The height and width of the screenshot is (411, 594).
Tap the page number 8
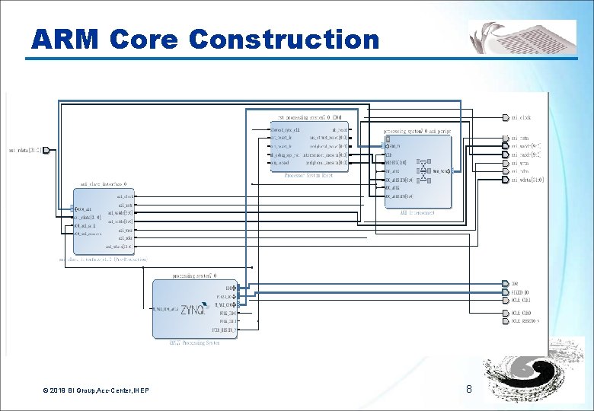[x=469, y=390]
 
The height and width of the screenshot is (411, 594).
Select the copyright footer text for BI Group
[x=96, y=390]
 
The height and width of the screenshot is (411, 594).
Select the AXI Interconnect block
[x=417, y=171]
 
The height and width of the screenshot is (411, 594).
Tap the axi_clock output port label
[x=521, y=118]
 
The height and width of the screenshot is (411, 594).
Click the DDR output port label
[x=515, y=284]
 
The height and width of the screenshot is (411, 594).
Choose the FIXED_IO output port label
[x=520, y=292]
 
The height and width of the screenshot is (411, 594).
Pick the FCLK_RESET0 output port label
[x=525, y=320]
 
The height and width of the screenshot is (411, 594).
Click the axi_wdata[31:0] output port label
[x=527, y=180]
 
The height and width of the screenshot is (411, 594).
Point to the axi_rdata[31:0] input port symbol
[x=46, y=150]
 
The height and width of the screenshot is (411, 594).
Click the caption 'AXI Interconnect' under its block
[x=417, y=213]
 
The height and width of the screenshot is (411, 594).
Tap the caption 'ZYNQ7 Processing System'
[x=194, y=342]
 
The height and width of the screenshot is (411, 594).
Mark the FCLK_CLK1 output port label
[x=521, y=301]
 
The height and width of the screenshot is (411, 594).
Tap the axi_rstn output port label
[x=519, y=139]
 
